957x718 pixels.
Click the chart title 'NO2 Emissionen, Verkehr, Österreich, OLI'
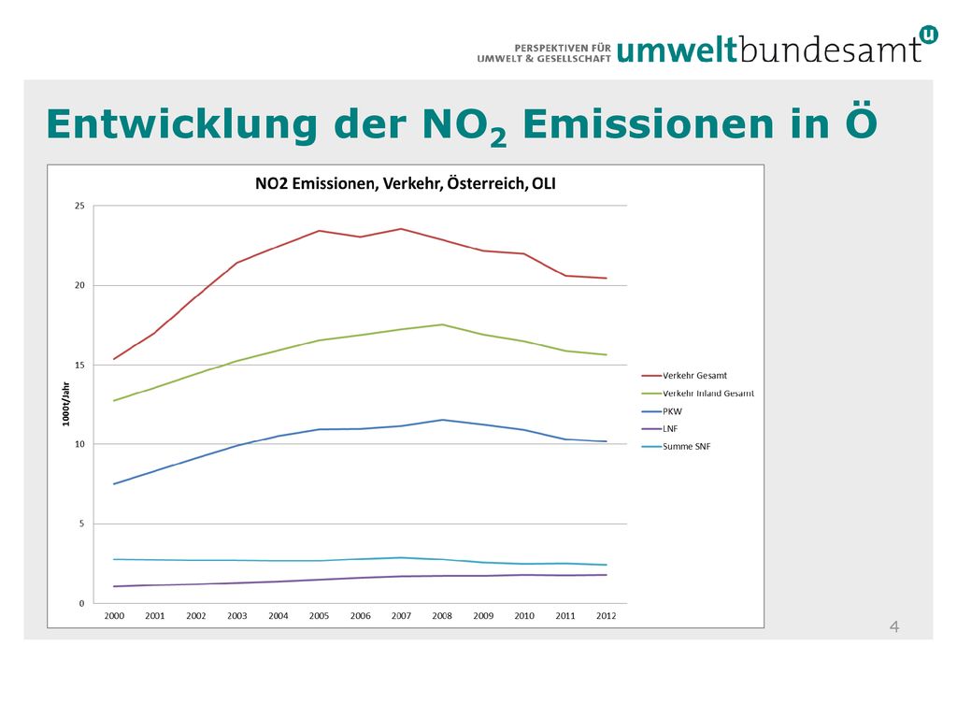pos(406,184)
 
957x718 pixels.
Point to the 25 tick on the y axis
pos(80,206)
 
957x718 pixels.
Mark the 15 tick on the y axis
pos(80,366)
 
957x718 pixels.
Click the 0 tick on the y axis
pos(82,603)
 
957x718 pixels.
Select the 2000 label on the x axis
pos(114,616)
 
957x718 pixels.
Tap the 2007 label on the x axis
pos(401,616)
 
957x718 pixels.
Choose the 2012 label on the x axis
pos(606,616)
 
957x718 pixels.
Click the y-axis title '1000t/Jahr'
pos(66,404)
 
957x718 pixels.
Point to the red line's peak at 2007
pos(401,229)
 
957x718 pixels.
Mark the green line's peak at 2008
pos(442,324)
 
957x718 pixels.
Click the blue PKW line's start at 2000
pos(114,484)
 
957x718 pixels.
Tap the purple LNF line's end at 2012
pos(606,575)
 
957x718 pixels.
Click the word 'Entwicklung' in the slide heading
pos(182,125)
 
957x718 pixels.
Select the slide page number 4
pos(894,627)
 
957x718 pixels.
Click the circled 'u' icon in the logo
pos(928,35)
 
